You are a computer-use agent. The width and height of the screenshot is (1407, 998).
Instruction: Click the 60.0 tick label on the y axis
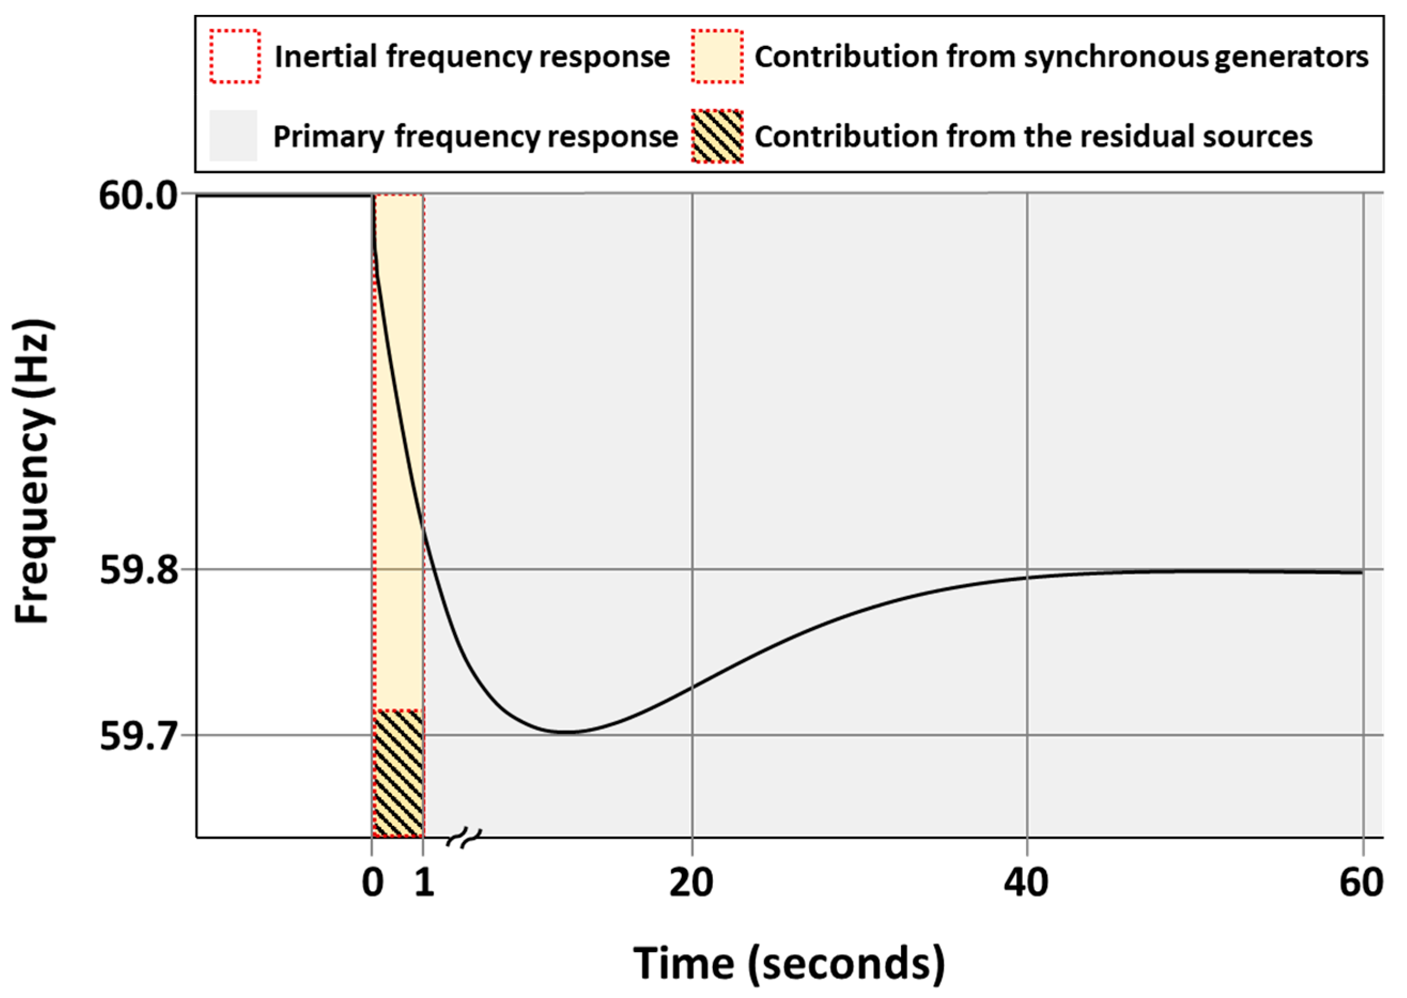[x=138, y=198]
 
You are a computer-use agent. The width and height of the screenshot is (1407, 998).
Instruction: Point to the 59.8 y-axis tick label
[x=138, y=572]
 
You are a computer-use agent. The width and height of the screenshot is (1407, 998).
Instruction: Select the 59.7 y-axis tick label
[x=138, y=736]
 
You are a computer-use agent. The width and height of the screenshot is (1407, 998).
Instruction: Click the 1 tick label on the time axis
[x=424, y=884]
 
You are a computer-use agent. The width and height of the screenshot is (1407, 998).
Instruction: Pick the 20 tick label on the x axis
[x=691, y=884]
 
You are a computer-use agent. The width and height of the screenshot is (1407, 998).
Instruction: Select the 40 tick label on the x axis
[x=1026, y=884]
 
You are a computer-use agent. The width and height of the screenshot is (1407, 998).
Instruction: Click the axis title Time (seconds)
[x=789, y=962]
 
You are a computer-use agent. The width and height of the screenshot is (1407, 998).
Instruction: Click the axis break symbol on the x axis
[x=464, y=837]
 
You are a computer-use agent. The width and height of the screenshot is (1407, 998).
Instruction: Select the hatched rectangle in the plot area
[x=398, y=773]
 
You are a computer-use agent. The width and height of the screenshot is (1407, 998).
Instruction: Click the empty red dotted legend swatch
[x=235, y=57]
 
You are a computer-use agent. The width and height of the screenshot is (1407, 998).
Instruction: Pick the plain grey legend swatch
[x=234, y=136]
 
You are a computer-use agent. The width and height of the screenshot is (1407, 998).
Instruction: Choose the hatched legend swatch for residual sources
[x=717, y=136]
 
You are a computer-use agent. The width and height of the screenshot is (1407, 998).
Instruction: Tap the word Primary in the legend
[x=328, y=136]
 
